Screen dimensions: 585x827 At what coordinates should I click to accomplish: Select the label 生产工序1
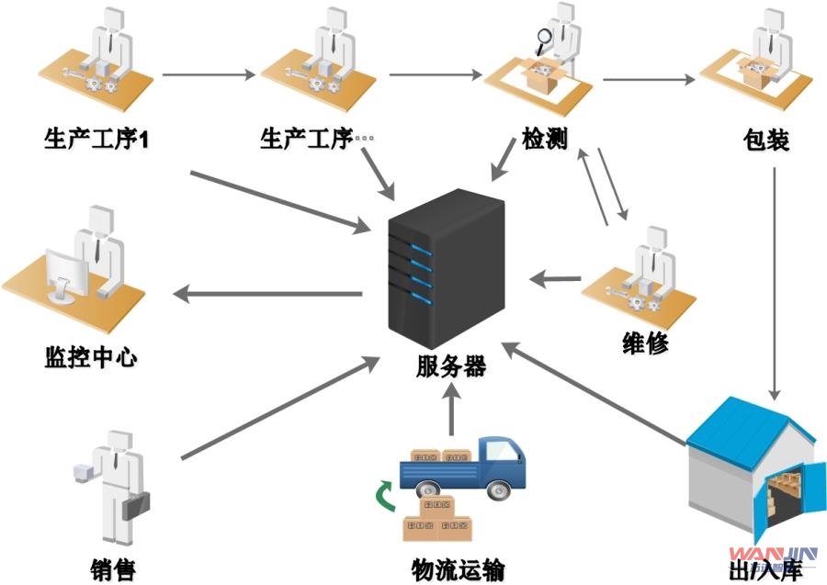(x=96, y=141)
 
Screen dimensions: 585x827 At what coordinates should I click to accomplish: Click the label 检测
(x=544, y=141)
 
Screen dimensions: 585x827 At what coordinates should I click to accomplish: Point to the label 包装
(x=767, y=141)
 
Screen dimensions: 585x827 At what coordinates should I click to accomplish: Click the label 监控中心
(x=90, y=355)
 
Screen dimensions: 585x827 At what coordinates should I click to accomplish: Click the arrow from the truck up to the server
(x=451, y=409)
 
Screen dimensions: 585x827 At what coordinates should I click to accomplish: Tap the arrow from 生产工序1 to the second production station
(x=209, y=73)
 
